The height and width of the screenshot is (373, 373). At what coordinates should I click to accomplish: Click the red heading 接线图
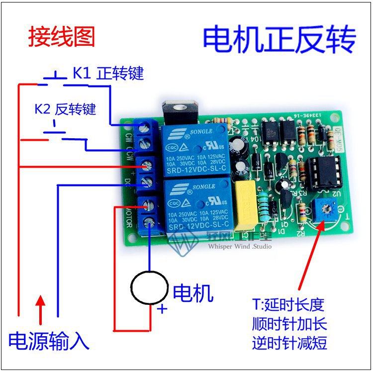pyautogui.click(x=61, y=37)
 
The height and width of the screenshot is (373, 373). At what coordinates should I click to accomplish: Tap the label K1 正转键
pyautogui.click(x=108, y=74)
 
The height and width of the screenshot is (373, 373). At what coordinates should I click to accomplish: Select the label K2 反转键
pyautogui.click(x=65, y=109)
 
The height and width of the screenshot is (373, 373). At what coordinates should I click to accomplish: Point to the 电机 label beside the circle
pyautogui.click(x=193, y=293)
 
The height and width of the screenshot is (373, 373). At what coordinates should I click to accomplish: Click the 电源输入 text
pyautogui.click(x=49, y=341)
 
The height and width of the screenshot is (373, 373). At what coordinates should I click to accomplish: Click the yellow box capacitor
pyautogui.click(x=246, y=201)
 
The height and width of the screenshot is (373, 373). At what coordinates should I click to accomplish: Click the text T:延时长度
pyautogui.click(x=288, y=304)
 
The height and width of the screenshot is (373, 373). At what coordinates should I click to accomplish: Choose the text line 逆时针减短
pyautogui.click(x=289, y=343)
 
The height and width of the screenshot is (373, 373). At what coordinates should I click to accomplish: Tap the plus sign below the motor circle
pyautogui.click(x=162, y=310)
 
